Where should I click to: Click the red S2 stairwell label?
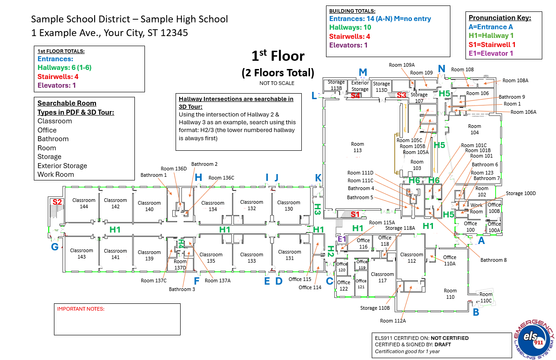point(57,202)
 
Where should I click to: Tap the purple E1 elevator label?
point(342,238)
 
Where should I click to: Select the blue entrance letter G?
point(55,247)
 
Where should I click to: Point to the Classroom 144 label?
point(84,203)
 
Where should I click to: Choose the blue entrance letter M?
point(363,72)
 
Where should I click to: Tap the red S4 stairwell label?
point(355,95)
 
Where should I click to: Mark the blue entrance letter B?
point(476,312)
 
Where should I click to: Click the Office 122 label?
point(343,286)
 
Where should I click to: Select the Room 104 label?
point(475,129)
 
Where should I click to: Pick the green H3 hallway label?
point(317,209)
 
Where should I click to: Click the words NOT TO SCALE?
point(277,83)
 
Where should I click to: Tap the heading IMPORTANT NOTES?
point(80,309)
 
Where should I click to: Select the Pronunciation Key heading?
point(500,18)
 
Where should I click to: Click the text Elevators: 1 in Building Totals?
point(348,45)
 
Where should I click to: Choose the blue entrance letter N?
point(441,69)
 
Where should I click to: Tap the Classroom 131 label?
point(289,254)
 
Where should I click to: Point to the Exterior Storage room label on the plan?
point(360,86)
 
